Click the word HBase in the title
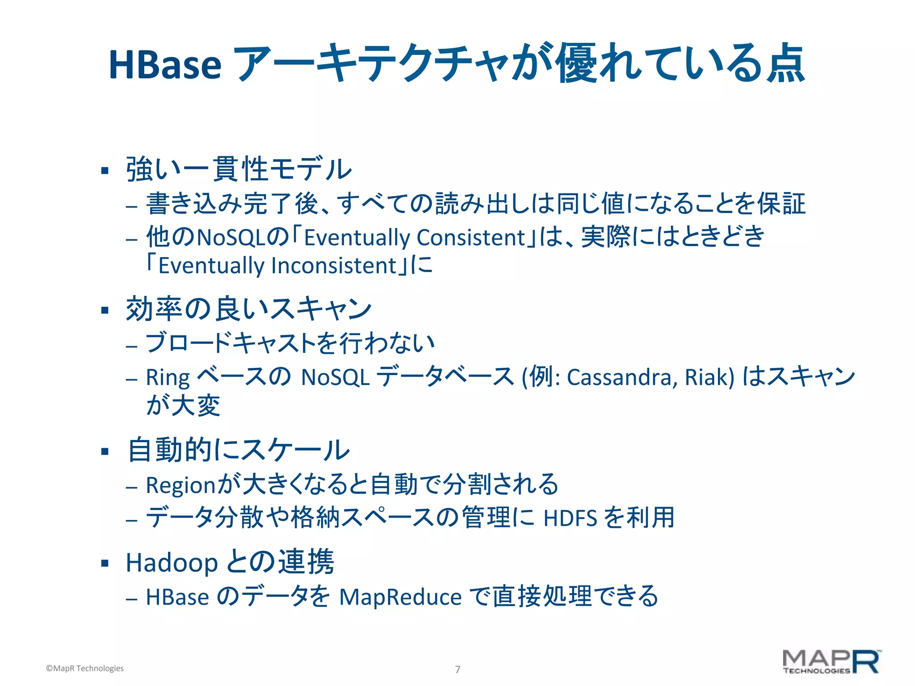tap(165, 64)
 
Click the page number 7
tap(457, 669)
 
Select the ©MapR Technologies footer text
tap(85, 668)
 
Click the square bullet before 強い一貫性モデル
tap(105, 170)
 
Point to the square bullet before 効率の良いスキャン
tap(105, 310)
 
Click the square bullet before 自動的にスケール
tap(105, 451)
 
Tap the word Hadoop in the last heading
tap(172, 562)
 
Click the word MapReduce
tap(400, 597)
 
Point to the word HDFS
tap(570, 519)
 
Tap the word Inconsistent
tap(334, 266)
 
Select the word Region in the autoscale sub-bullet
tap(181, 485)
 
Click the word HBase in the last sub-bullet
tap(177, 597)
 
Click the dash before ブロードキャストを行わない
tap(131, 346)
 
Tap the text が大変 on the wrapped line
tap(183, 406)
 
